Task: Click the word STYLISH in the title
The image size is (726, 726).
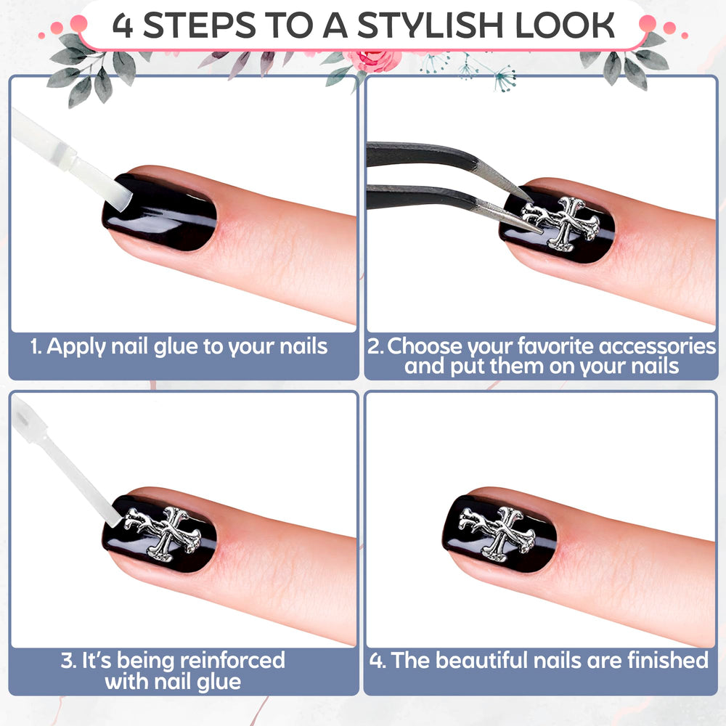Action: (x=430, y=26)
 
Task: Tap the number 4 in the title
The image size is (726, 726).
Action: (x=123, y=26)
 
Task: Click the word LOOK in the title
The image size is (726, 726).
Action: (x=564, y=26)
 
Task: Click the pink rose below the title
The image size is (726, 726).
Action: (x=373, y=60)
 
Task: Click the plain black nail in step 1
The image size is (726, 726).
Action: (x=160, y=212)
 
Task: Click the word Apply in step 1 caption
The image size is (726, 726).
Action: (x=76, y=348)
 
